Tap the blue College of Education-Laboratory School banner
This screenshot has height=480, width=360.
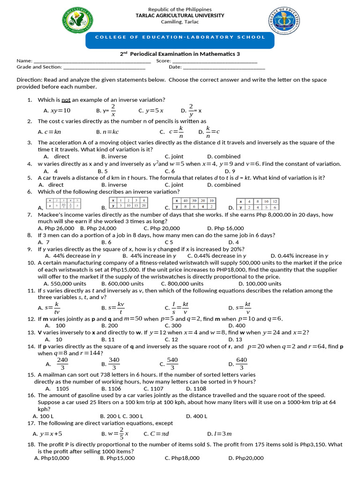click(180, 37)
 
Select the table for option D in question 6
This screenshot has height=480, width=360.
click(257, 204)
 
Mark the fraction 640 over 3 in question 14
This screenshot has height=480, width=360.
click(241, 364)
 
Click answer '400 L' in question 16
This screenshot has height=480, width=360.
click(200, 416)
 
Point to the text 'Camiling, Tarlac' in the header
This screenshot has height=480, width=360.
click(180, 22)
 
